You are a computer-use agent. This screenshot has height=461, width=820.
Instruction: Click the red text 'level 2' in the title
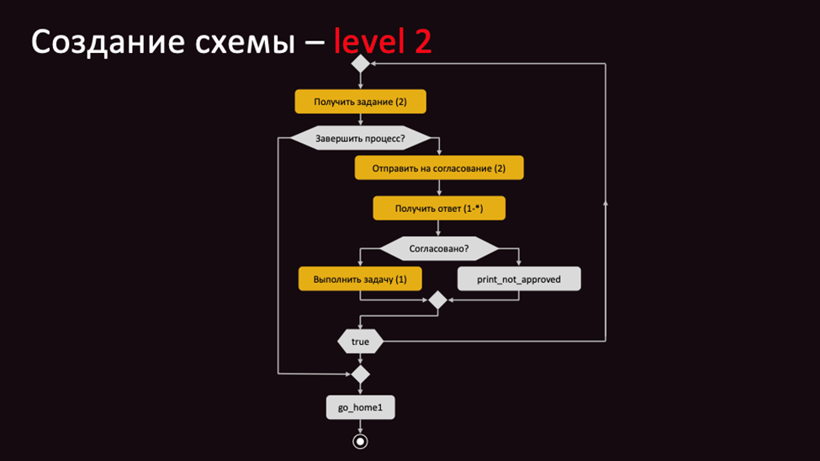point(383,41)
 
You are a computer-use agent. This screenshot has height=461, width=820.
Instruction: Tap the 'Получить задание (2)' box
point(360,102)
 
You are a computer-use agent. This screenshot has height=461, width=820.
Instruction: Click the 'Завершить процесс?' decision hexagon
point(360,138)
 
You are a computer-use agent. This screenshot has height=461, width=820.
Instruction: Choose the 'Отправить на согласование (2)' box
point(439,168)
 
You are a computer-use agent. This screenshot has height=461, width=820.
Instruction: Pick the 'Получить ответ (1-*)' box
point(439,209)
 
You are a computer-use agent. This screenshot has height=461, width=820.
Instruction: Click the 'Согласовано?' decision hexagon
point(439,249)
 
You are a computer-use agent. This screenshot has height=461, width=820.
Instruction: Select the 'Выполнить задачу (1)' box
point(360,279)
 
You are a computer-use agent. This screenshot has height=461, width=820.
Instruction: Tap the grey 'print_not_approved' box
point(519,279)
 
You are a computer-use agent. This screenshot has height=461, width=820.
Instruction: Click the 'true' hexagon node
point(360,342)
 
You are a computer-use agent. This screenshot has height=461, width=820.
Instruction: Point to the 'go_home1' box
point(360,408)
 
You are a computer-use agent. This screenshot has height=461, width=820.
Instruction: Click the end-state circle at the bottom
point(360,442)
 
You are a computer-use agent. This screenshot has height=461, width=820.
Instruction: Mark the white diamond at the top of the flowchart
point(360,64)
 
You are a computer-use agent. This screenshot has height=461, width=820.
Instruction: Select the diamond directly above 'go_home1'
point(360,374)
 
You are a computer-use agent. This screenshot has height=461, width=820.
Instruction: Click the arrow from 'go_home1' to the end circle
point(360,427)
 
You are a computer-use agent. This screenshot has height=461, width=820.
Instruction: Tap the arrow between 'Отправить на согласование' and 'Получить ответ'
point(439,188)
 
